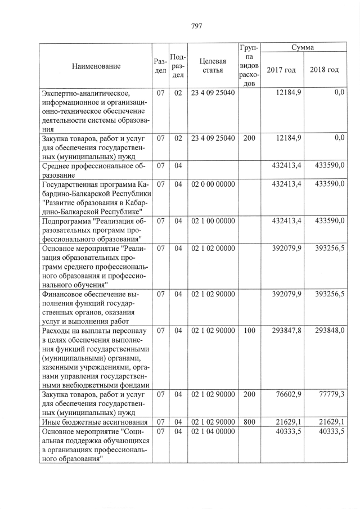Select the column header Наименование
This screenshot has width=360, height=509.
coord(96,66)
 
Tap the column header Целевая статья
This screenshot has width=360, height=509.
coord(213,65)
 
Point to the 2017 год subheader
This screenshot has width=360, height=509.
coord(281,70)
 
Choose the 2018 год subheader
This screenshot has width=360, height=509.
coord(324,70)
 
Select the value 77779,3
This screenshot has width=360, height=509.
coord(330,397)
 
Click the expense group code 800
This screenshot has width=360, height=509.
coord(249,421)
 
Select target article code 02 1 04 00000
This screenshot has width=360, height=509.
coord(213,431)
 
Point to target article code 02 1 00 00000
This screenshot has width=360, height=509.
coord(213,221)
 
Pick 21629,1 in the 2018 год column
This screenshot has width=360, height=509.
coord(331,421)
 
